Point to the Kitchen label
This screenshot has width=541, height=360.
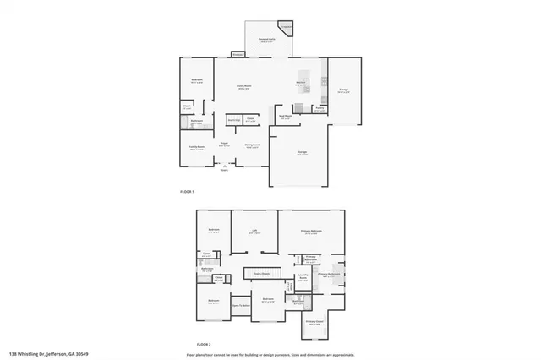300,84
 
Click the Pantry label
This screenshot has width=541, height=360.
320,109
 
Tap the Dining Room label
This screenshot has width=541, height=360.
252,146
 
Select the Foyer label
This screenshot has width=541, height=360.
225,145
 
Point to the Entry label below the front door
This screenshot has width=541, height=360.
225,171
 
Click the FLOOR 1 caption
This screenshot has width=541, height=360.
188,193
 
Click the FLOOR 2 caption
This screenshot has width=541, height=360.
204,345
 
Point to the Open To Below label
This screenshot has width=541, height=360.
241,305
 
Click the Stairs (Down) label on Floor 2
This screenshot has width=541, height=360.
261,273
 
